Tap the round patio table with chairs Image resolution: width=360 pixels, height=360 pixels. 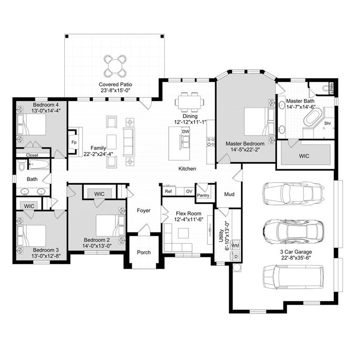[115, 66]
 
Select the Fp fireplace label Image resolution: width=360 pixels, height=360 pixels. [74, 142]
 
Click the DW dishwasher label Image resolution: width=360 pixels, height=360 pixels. [186, 132]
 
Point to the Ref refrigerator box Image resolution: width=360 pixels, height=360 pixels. [168, 191]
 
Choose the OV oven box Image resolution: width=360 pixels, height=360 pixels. [188, 191]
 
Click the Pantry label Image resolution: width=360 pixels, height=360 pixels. [203, 195]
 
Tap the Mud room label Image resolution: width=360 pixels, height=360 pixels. [229, 194]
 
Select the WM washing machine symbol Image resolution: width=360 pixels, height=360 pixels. [235, 245]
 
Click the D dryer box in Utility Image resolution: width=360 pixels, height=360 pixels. [235, 256]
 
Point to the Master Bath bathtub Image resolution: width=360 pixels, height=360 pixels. [311, 118]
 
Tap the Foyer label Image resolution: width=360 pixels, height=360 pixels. [144, 210]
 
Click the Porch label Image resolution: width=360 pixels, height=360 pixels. [144, 252]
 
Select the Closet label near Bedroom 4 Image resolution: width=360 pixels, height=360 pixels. [32, 155]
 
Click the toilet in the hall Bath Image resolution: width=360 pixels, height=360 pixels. [22, 166]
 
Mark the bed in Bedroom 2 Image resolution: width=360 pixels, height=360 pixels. [109, 225]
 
